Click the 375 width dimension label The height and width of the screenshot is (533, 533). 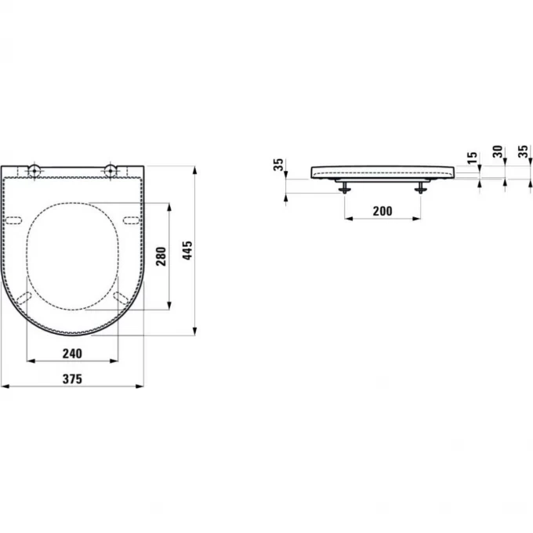[73, 378]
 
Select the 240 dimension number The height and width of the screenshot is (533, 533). [74, 354]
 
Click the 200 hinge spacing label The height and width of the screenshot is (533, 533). [382, 211]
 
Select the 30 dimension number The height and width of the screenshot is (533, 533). [496, 153]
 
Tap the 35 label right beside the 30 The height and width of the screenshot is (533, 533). [523, 153]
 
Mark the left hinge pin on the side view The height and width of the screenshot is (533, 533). [344, 186]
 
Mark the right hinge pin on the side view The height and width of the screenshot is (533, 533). [422, 186]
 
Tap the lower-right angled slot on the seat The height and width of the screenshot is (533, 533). [121, 299]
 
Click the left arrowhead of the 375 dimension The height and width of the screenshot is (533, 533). [4, 386]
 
